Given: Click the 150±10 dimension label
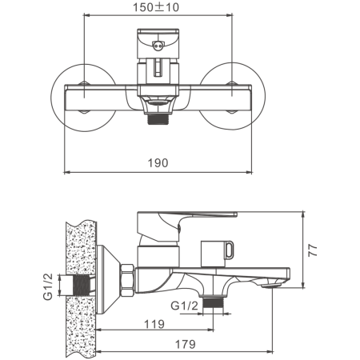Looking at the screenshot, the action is coord(156,7).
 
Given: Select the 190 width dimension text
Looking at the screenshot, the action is coord(158,162).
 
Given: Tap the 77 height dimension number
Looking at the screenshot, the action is coord(313,250).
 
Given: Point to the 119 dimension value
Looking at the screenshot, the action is coord(154,324).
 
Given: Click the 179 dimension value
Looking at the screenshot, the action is coord(186,344).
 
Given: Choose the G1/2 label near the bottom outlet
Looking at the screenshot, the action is coord(185,306).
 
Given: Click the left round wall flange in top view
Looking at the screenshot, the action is coord(83,98).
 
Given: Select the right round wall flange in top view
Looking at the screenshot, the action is coord(232,97).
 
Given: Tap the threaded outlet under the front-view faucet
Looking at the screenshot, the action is coord(158,119).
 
